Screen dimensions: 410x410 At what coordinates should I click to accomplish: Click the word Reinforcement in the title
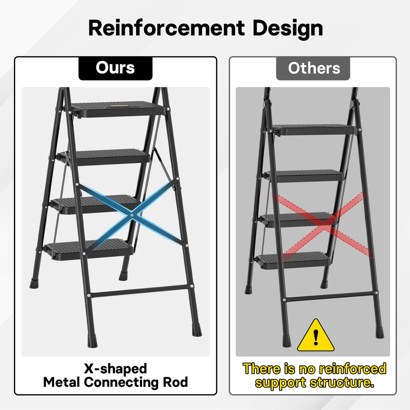[x=167, y=28]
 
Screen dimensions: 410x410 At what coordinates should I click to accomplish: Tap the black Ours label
[x=115, y=68]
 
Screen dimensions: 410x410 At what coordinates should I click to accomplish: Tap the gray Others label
[x=313, y=68]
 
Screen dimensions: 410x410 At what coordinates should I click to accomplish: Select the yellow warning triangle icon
[x=316, y=335]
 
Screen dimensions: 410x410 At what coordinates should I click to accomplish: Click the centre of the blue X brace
[x=132, y=215]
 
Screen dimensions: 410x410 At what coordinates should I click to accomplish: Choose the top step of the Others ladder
[x=314, y=130]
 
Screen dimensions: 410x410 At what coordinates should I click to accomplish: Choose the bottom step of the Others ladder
[x=293, y=260]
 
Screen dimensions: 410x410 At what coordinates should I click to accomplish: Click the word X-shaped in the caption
[x=115, y=368]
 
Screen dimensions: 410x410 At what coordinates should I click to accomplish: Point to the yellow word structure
[x=342, y=382]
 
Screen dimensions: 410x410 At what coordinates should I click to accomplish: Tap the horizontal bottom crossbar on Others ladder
[x=330, y=296]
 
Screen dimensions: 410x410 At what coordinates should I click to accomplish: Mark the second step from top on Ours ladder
[x=104, y=157]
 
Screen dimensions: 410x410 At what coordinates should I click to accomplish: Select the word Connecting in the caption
[x=121, y=383]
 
